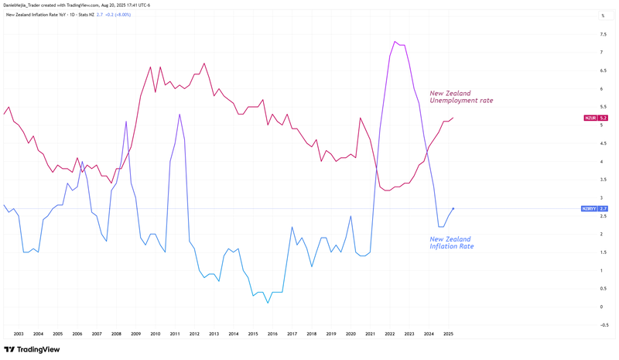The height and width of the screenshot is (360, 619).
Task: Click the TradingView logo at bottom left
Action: (32, 349)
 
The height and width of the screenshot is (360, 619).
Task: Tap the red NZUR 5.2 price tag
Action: (595, 118)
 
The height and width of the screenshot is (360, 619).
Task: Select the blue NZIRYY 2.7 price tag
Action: (595, 209)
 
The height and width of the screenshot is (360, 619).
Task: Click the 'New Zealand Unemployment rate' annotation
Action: (461, 97)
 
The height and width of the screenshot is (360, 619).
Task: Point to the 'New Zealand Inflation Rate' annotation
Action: (451, 242)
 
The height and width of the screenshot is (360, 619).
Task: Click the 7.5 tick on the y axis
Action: (603, 34)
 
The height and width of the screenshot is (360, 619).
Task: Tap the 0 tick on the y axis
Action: (602, 307)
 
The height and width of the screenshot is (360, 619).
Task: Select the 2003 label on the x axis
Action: (19, 334)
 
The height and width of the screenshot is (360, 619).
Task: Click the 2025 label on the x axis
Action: (448, 334)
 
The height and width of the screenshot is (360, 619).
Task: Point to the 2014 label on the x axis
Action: (234, 334)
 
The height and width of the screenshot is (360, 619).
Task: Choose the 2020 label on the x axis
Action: (351, 334)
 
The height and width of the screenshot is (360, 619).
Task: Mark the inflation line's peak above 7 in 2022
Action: (395, 42)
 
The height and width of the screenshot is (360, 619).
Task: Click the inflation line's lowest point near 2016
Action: (268, 303)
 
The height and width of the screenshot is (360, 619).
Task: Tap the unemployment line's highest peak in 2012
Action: (203, 63)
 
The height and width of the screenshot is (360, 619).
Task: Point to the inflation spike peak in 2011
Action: (180, 115)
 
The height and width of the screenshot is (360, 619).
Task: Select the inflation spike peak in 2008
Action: (126, 122)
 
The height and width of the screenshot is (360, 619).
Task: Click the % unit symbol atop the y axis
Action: (602, 15)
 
